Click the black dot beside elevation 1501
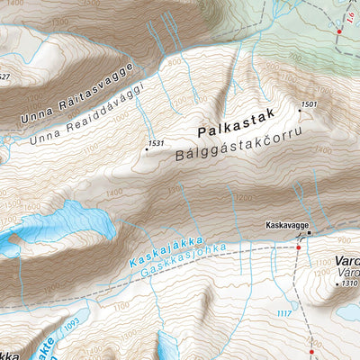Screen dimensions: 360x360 pyautogui.click(x=298, y=111)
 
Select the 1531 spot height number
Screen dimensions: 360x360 pyautogui.click(x=157, y=143)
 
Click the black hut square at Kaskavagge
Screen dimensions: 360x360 pyautogui.click(x=309, y=232)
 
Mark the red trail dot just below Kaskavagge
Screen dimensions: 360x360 pyautogui.click(x=300, y=246)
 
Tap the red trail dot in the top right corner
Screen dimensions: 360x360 pyautogui.click(x=339, y=31)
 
